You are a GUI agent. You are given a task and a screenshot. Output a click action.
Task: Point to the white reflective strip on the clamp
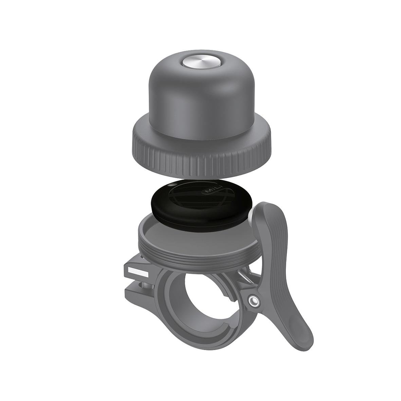coord(138,271)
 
